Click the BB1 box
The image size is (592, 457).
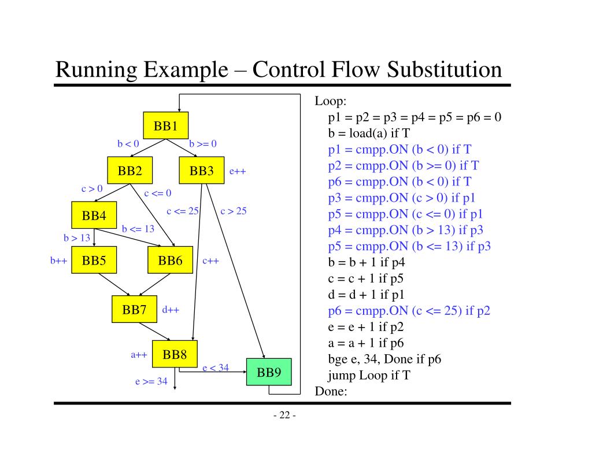(x=166, y=125)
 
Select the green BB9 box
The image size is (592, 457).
(x=269, y=372)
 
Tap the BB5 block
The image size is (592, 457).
(x=94, y=260)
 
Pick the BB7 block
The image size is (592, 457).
(x=134, y=309)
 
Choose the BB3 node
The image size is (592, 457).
(x=202, y=170)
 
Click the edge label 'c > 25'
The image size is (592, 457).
(x=234, y=211)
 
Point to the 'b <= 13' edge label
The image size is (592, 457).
(x=138, y=229)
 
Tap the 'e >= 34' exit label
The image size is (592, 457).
(x=151, y=381)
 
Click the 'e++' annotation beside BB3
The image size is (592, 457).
(x=238, y=172)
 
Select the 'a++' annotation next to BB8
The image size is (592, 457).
(x=139, y=355)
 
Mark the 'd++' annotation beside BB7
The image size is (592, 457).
(x=171, y=310)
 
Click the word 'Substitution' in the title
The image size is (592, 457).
(x=445, y=69)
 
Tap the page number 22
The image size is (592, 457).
(x=284, y=415)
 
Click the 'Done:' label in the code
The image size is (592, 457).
(x=331, y=391)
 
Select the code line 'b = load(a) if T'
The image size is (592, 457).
(x=369, y=133)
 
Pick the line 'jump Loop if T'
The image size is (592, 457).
(x=369, y=375)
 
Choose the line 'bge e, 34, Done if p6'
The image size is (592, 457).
(x=384, y=359)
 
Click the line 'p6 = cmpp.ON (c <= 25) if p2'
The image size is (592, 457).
(x=409, y=311)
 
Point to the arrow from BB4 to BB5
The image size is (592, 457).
(x=94, y=237)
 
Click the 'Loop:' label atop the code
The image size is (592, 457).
(x=330, y=101)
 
